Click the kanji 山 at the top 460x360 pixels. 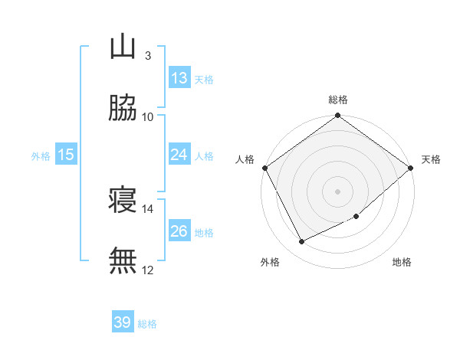click(123, 48)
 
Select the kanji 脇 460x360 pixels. click(123, 109)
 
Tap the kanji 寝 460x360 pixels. click(123, 201)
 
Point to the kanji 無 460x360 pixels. click(123, 260)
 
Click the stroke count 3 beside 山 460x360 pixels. click(147, 55)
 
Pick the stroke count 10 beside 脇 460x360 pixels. click(148, 116)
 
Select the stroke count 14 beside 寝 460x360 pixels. click(148, 208)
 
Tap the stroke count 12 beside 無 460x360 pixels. click(148, 270)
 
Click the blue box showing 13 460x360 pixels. click(179, 78)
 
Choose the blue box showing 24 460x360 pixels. click(179, 155)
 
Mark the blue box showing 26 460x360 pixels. click(179, 231)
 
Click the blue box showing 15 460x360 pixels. click(66, 155)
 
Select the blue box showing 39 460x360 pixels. click(123, 323)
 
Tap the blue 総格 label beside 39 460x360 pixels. click(147, 324)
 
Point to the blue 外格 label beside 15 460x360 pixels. click(41, 155)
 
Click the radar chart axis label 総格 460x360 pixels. click(337, 100)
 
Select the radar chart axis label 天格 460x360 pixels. click(432, 159)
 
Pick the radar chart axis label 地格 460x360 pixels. click(402, 263)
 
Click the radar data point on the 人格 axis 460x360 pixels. click(264, 168)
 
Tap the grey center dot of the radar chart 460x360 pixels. click(337, 191)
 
